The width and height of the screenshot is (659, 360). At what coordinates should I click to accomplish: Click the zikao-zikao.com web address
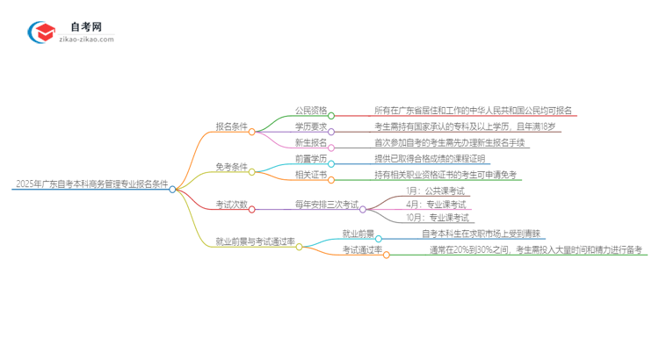point(86,40)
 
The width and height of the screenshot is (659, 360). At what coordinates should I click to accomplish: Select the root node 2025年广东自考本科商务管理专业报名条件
point(91,184)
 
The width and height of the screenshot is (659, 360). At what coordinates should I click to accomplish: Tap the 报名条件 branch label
point(231,126)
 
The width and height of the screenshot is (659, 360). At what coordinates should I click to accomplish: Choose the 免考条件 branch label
point(231,166)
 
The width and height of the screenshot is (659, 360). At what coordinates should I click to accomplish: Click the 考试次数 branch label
point(231,205)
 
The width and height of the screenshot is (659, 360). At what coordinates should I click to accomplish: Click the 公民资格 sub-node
point(310,111)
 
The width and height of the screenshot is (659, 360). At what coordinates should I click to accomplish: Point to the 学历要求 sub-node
point(310,128)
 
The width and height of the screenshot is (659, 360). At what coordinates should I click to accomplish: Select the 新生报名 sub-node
point(310,142)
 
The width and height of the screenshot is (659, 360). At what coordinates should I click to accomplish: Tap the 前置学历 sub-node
point(310,159)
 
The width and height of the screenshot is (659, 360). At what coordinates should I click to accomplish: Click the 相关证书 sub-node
point(310,175)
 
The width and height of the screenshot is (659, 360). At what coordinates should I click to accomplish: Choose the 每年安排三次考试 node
point(326,205)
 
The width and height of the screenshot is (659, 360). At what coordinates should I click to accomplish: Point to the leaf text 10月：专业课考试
point(437,218)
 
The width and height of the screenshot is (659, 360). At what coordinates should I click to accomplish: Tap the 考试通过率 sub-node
point(362,249)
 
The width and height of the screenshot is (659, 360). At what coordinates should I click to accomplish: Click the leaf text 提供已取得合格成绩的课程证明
point(429,159)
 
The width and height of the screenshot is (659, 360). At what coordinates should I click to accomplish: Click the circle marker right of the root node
point(173,189)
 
